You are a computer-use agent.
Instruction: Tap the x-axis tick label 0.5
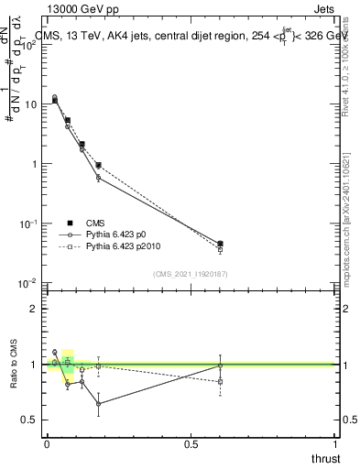click(191, 443)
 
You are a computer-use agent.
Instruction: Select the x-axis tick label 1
click(335, 443)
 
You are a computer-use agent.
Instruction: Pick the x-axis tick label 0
click(47, 443)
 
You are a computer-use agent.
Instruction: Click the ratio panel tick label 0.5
click(30, 420)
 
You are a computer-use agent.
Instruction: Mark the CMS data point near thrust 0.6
click(220, 244)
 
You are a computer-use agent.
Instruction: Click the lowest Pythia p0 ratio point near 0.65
click(98, 403)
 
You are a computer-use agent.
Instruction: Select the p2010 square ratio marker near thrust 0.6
click(220, 381)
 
